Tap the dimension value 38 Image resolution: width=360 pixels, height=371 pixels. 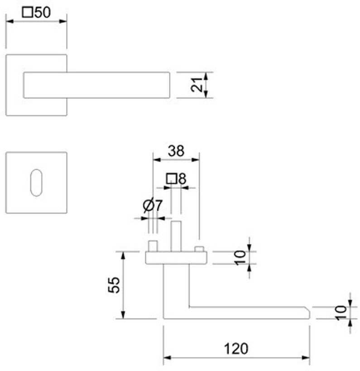[x=176, y=150]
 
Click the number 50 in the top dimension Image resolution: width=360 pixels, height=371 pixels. [x=42, y=13]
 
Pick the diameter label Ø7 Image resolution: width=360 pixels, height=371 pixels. [x=152, y=206]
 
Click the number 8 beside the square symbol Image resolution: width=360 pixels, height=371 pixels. [x=182, y=179]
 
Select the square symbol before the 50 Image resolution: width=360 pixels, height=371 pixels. [x=28, y=13]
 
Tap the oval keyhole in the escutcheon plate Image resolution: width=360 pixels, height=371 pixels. [x=36, y=183]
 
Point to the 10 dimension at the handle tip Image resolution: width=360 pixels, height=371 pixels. [x=341, y=312]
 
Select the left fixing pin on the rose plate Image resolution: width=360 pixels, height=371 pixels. [x=153, y=247]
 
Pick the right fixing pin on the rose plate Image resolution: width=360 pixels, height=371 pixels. [x=198, y=249]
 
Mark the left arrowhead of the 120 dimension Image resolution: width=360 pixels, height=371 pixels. [x=166, y=358]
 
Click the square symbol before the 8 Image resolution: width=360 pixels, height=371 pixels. [x=171, y=179]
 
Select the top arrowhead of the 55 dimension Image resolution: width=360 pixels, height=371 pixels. [x=122, y=254]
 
